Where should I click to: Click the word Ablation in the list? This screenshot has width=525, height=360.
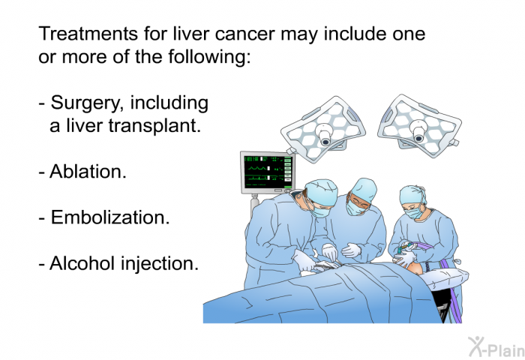point(87,172)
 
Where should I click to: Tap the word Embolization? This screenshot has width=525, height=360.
point(109,217)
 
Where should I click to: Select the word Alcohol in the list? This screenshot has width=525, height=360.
point(80,263)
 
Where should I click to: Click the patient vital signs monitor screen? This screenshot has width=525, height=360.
point(266,171)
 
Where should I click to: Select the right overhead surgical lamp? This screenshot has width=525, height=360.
point(419,119)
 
